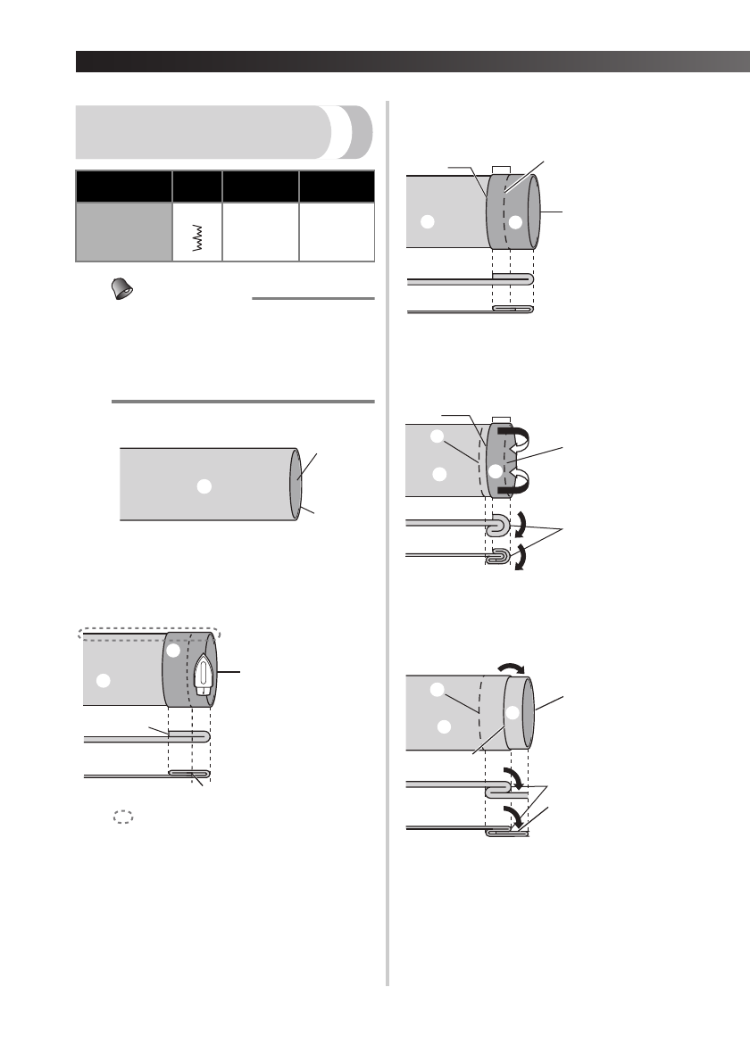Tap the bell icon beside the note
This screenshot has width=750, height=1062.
116,287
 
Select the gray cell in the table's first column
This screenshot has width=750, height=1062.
123,231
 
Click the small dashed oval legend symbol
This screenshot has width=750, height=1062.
122,816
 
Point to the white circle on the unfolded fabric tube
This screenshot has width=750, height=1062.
204,485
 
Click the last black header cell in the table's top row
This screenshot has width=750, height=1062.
337,187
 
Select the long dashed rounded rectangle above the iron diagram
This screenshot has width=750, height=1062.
147,633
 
